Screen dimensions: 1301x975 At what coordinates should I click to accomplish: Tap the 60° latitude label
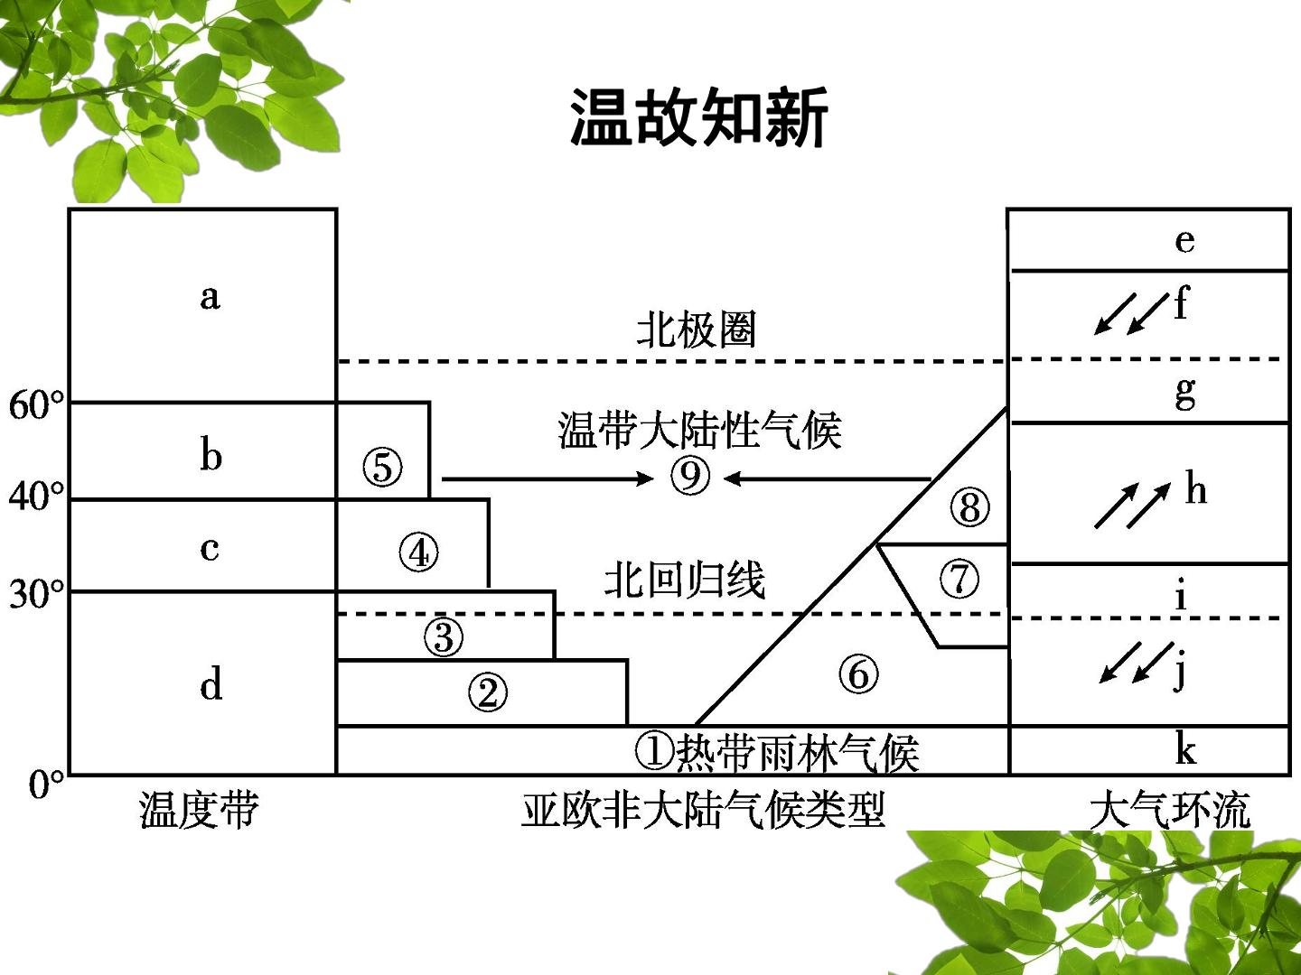35,405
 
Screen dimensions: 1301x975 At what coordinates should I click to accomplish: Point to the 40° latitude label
35,497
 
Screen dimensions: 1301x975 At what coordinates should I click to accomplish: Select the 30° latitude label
35,593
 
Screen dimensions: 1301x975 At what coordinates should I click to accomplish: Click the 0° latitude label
46,785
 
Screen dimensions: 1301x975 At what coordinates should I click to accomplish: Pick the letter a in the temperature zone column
210,297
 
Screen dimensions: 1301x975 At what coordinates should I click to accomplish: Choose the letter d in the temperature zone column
211,683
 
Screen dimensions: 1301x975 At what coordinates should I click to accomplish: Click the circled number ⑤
382,467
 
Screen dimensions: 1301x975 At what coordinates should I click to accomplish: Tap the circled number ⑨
690,477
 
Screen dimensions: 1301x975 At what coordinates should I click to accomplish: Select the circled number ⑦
959,579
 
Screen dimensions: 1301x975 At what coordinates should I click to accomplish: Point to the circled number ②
488,692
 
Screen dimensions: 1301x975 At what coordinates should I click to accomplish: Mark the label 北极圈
697,330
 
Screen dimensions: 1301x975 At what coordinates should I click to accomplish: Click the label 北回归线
685,580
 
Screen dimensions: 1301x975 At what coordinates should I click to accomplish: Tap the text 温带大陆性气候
700,431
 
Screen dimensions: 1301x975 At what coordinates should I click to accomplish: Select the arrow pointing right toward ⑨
548,478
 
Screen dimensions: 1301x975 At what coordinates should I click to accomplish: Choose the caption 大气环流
1170,811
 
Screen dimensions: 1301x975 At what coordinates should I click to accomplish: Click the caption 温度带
199,811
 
